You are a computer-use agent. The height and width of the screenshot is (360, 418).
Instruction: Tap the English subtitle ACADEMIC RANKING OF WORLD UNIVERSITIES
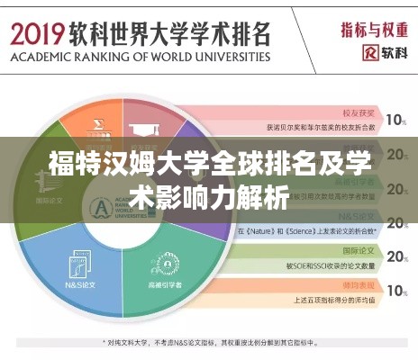(140, 57)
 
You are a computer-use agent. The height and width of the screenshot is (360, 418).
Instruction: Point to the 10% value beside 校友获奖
(395, 119)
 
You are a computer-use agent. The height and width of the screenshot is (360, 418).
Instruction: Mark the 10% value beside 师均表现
(395, 290)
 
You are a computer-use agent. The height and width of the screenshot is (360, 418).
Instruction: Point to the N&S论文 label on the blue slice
(62, 282)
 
